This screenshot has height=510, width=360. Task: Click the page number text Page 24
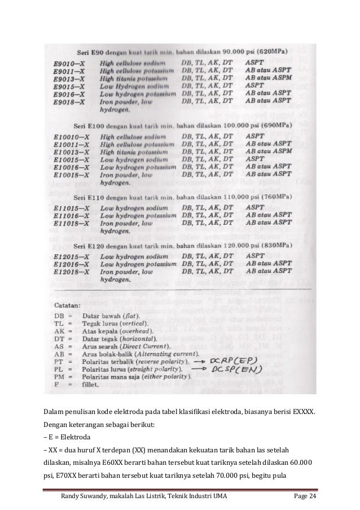(305, 496)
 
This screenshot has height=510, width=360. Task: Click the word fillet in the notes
(91, 387)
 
